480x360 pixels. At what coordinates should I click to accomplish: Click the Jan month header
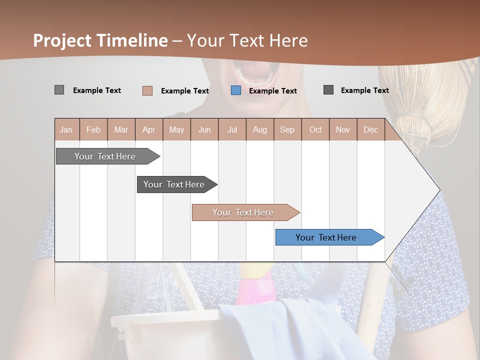66,129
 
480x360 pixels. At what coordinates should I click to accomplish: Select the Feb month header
93,129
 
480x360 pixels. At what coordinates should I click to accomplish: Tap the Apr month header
149,129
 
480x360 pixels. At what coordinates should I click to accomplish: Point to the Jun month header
204,129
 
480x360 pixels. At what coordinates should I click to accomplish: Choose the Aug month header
260,129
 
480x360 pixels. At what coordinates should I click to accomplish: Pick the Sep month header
287,129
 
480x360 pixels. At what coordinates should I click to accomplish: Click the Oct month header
315,129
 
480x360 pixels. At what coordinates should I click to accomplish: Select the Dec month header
371,129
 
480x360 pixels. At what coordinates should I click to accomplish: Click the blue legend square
236,90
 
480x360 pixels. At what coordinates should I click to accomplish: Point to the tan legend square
147,90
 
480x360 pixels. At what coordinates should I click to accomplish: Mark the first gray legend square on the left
59,90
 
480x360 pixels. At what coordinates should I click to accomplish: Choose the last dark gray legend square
328,90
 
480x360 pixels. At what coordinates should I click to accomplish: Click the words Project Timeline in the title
100,40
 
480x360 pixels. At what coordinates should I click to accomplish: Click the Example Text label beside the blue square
272,91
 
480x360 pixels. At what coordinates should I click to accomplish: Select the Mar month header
121,129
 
